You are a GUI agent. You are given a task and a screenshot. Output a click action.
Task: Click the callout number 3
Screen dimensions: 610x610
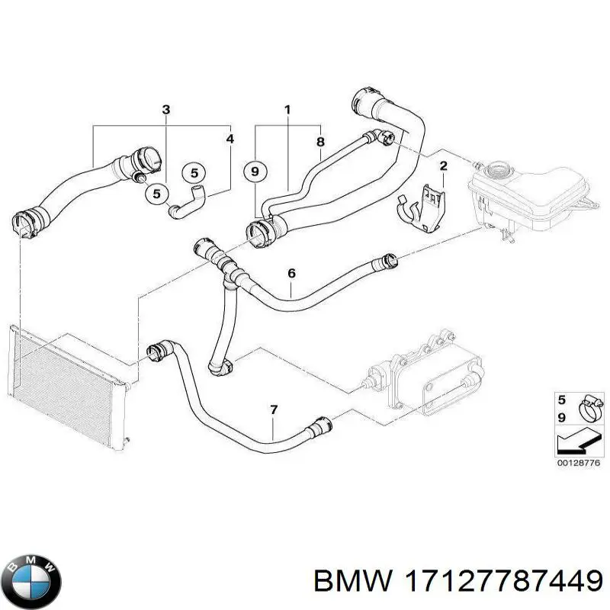click(166, 110)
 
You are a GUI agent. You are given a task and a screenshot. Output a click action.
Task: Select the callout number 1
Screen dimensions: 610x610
click(287, 110)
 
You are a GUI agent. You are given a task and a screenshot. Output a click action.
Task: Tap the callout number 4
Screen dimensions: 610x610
click(230, 139)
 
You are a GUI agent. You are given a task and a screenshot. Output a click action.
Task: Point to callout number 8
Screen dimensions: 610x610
click(320, 142)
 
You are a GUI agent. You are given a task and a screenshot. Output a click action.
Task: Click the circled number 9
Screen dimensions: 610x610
click(255, 171)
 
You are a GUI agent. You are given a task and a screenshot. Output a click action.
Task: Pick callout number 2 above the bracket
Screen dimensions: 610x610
click(444, 166)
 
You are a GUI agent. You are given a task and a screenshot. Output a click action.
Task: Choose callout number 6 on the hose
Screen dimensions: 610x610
click(292, 273)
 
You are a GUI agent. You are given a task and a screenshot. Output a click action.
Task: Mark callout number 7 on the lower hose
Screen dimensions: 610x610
click(274, 409)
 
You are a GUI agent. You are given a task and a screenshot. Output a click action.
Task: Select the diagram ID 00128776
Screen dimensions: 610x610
click(579, 463)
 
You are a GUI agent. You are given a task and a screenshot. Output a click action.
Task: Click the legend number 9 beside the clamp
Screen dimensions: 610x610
click(561, 417)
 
